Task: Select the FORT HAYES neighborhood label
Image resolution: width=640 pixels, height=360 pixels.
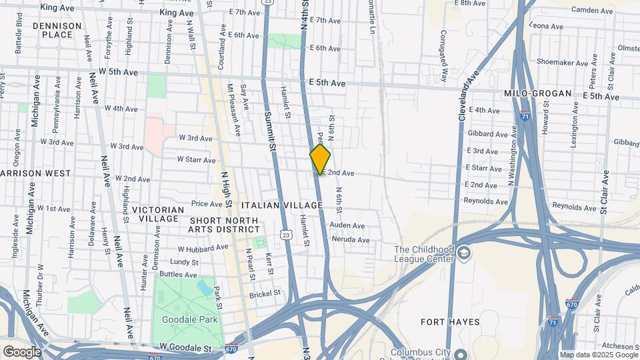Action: point(451,322)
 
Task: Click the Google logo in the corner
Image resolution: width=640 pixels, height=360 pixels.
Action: point(21,352)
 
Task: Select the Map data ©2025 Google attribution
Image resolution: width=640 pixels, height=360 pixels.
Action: point(599,355)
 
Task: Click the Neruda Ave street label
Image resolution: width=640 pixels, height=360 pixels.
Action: point(349,240)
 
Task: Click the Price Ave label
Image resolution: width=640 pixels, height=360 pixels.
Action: point(206,204)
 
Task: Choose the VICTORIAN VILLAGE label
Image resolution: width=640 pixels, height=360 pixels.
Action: point(158,214)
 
